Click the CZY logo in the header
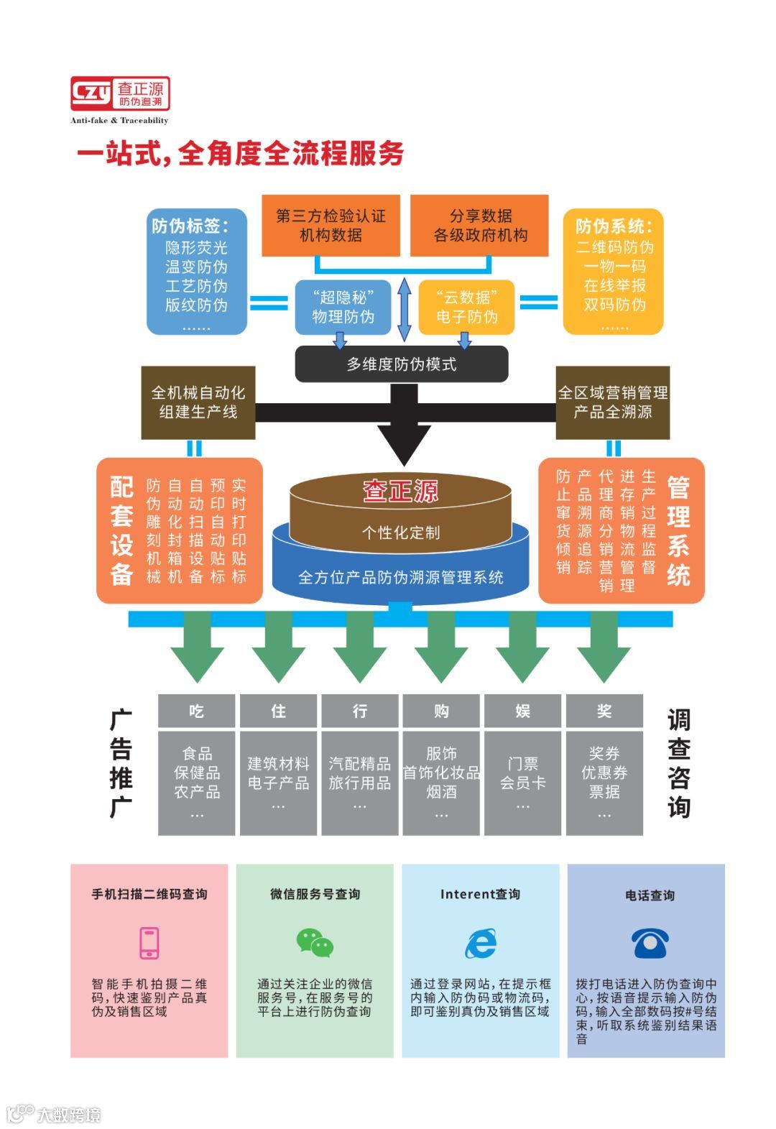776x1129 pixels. point(119,93)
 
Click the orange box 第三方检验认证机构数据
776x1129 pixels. point(331,225)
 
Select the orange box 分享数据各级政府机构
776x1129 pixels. point(479,225)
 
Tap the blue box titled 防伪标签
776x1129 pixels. point(196,272)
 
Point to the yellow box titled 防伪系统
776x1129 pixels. point(613,272)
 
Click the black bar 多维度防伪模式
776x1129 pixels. point(402,364)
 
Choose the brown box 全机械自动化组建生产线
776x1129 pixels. point(198,402)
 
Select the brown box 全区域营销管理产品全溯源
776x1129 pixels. point(612,402)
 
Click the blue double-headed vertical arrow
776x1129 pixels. point(405,310)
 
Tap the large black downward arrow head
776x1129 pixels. point(404,442)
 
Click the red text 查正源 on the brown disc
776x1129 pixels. point(400,492)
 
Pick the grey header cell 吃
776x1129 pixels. point(196,711)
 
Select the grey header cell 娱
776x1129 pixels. point(522,711)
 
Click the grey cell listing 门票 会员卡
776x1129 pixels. point(522,783)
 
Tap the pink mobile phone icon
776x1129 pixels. point(149,943)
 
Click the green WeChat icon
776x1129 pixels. point(315,943)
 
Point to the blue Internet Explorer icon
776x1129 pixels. point(480,943)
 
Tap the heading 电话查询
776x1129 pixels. point(650,895)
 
